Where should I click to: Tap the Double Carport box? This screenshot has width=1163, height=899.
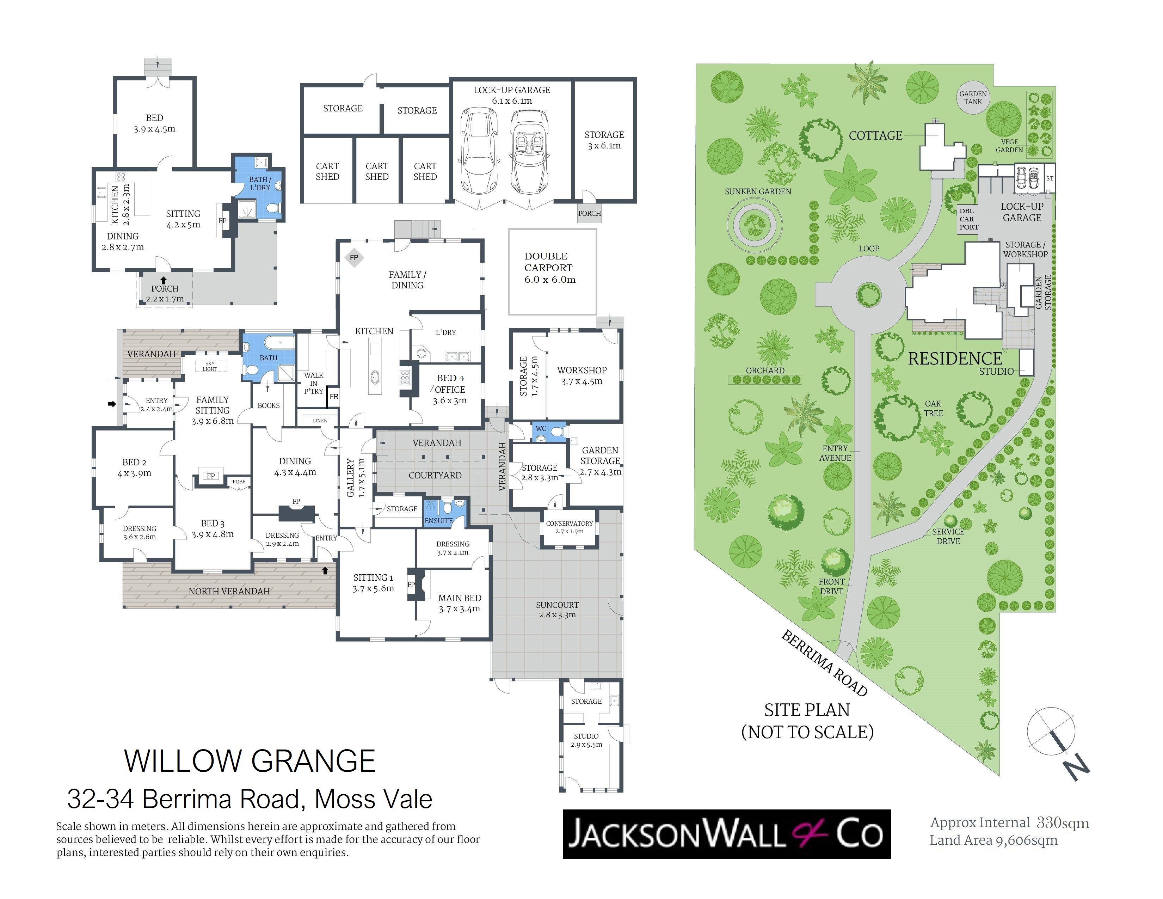click(x=552, y=271)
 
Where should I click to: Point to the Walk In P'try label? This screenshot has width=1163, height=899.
click(x=314, y=383)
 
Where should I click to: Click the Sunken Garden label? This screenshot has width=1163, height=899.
click(x=758, y=191)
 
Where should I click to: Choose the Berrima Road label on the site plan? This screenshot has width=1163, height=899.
click(x=824, y=663)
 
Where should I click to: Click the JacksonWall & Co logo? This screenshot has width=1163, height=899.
click(x=727, y=834)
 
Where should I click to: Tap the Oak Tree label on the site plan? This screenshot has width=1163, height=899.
click(x=934, y=409)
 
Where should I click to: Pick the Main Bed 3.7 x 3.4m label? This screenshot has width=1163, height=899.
click(x=460, y=604)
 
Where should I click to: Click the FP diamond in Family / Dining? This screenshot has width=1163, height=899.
click(x=353, y=258)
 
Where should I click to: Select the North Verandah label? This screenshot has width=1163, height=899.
click(x=229, y=591)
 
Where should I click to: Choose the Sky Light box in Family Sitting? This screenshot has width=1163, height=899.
click(x=210, y=366)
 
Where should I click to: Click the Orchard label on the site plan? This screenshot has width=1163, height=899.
click(x=765, y=371)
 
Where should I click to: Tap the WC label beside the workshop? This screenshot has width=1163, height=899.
click(x=541, y=428)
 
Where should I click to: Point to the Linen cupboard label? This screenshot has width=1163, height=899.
click(x=320, y=421)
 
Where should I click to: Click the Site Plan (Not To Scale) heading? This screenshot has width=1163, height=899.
click(x=807, y=721)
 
